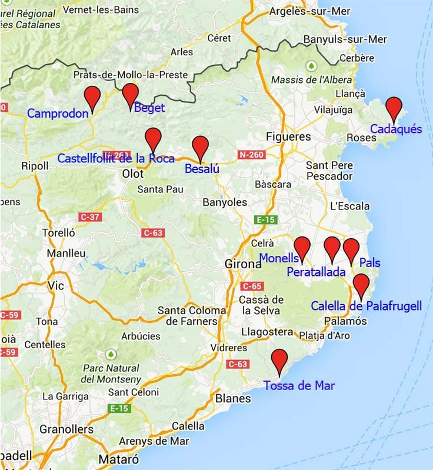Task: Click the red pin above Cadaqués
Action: [394, 108]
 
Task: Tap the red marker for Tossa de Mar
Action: [279, 359]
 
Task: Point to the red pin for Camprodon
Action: [92, 96]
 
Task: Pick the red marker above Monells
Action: [302, 247]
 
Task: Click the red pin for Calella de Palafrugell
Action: [361, 284]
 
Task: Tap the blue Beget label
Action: [149, 108]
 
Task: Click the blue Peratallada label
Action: [316, 272]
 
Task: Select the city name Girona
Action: [243, 264]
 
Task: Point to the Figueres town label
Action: [288, 136]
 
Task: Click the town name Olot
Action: [132, 174]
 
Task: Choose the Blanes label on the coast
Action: [234, 398]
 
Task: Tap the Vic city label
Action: [55, 285]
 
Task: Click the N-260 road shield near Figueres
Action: [252, 155]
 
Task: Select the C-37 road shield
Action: [90, 217]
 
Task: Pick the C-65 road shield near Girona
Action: [251, 286]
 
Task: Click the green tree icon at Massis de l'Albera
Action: [311, 65]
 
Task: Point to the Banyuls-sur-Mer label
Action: [345, 39]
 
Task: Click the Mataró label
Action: [119, 459]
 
